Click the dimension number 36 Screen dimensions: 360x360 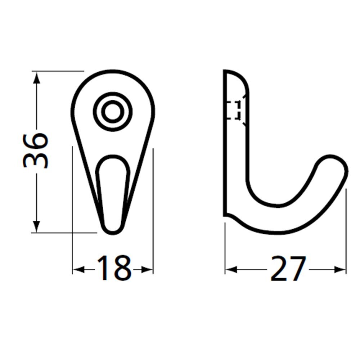click(36, 150)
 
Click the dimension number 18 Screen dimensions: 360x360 click(114, 268)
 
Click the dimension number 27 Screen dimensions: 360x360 click(288, 269)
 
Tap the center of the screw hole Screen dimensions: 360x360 click(113, 112)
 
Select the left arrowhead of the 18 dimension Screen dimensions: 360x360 click(78, 269)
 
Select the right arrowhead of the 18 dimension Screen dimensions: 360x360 click(147, 269)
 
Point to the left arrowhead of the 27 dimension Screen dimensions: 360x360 click(231, 269)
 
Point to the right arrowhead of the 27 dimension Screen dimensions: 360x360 click(340, 269)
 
